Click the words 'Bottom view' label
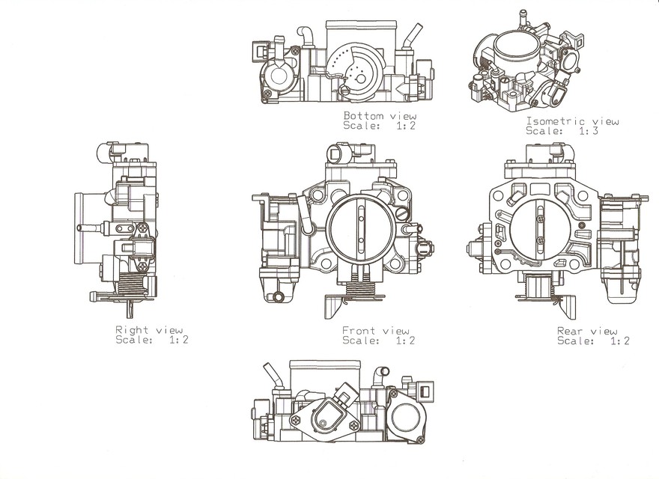[374, 116]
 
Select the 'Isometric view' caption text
[572, 121]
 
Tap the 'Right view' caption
[149, 330]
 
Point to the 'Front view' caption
[376, 331]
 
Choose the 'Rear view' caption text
[587, 331]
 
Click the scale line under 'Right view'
[152, 340]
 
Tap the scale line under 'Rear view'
[593, 341]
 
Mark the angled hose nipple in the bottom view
[411, 37]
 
